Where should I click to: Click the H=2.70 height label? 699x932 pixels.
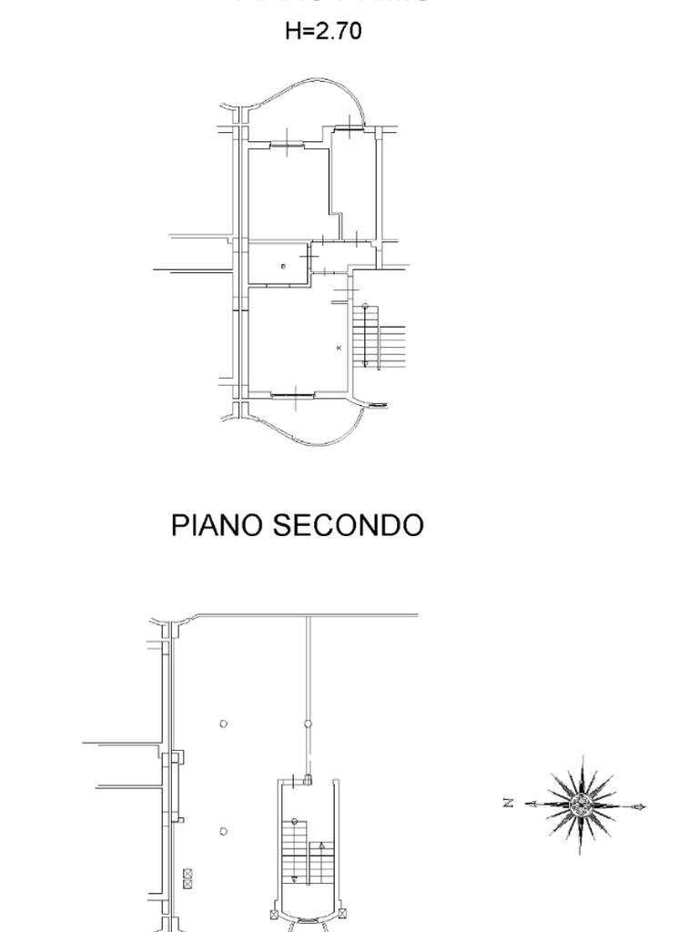click(323, 31)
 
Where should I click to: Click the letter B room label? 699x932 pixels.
click(283, 267)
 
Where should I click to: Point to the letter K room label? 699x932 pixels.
click(339, 348)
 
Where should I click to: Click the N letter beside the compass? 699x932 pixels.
click(509, 803)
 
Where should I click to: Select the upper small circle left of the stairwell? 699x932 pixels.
click(224, 724)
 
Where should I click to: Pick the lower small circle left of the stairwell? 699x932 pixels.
click(224, 831)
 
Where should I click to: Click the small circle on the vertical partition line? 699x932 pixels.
click(308, 724)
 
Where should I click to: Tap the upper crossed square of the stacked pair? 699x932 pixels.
click(187, 874)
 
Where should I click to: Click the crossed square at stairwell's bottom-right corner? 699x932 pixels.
click(341, 912)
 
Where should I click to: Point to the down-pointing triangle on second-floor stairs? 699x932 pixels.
click(294, 879)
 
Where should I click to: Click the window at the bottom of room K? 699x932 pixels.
click(294, 393)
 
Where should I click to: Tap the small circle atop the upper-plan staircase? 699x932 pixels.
click(365, 307)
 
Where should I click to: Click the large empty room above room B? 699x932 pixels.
click(288, 191)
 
